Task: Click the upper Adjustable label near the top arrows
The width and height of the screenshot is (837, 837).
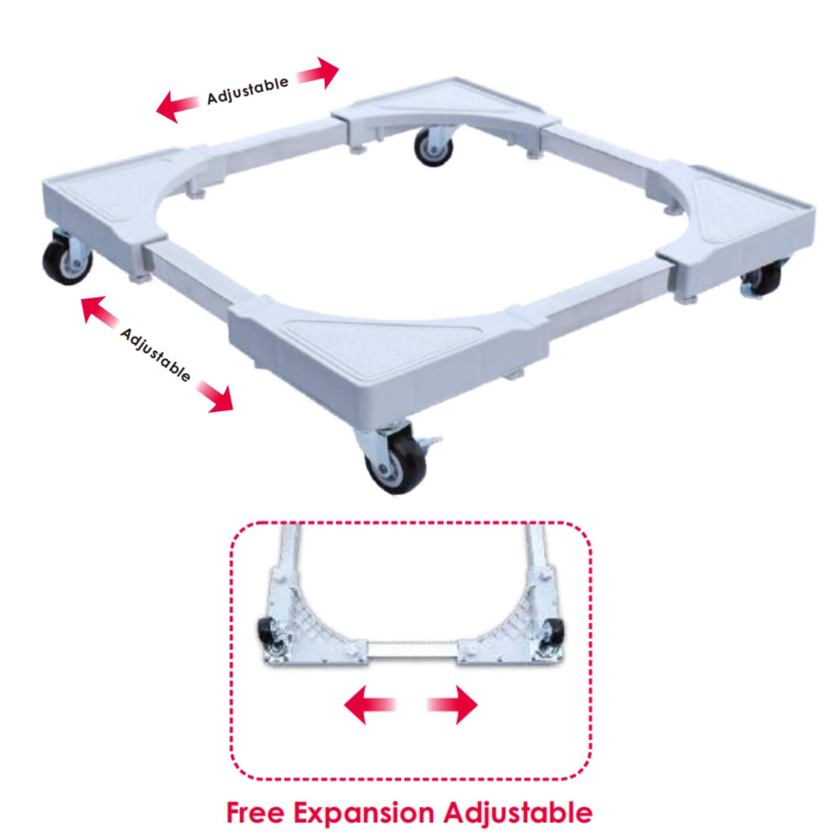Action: coord(247,90)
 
